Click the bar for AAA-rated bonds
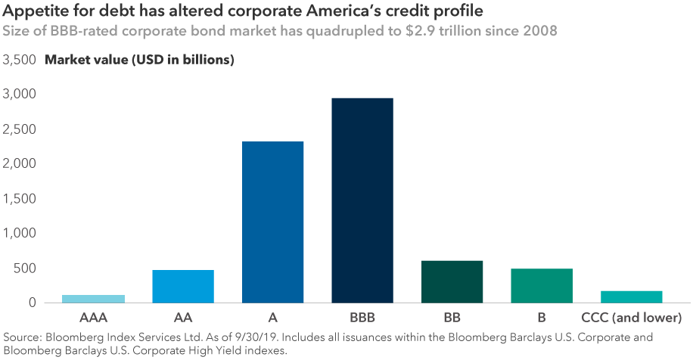94,299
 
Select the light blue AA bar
183,286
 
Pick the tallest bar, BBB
362,200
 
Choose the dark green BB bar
452,281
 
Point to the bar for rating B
542,285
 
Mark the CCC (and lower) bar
631,296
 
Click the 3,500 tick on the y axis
20,60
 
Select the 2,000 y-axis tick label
20,164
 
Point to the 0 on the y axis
32,303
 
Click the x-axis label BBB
362,317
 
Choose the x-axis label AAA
94,317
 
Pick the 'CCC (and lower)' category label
631,317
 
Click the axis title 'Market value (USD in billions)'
140,60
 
